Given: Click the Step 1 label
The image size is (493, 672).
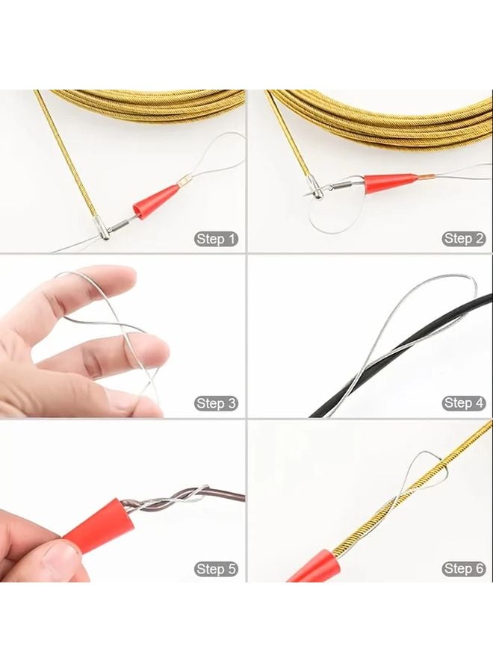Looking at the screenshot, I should (x=217, y=239).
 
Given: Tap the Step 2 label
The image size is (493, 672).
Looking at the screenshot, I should (x=464, y=239).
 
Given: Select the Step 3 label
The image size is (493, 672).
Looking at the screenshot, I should (x=217, y=403).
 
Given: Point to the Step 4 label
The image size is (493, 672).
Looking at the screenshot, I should (x=464, y=403).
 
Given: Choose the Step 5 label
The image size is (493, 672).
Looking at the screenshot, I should (x=217, y=569).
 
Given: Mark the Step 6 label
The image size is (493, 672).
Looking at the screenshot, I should (x=464, y=569).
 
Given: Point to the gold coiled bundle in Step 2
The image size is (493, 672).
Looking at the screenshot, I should (x=388, y=112).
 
